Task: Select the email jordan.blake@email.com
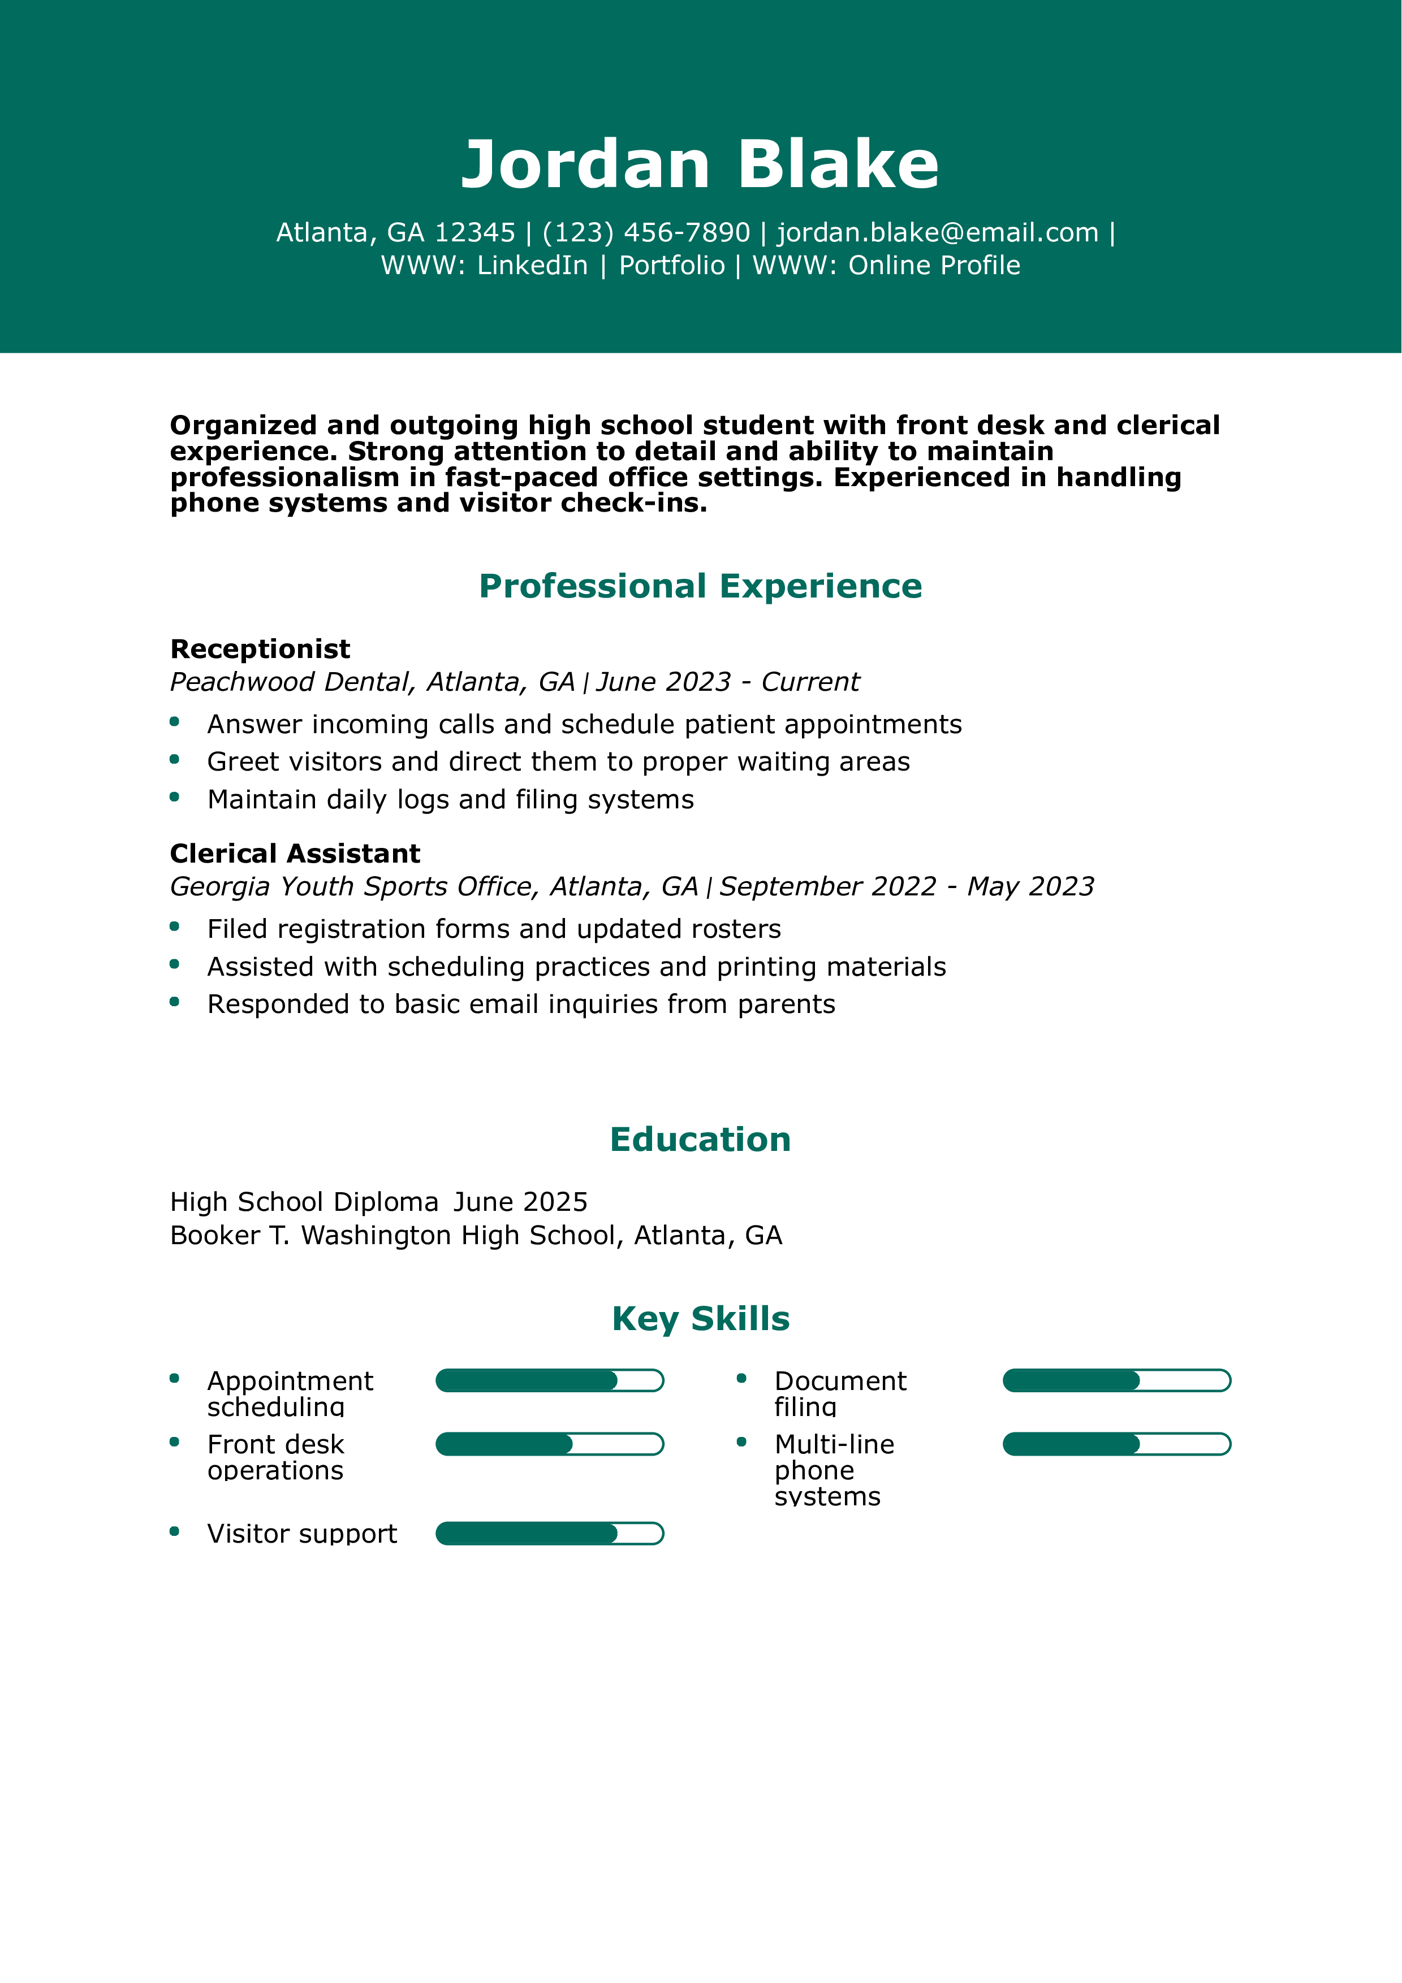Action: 937,232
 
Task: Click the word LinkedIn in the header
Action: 532,265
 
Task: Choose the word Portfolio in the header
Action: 672,265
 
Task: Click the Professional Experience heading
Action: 701,586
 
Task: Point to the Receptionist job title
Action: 260,648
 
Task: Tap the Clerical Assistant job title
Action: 295,854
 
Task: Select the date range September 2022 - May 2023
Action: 906,887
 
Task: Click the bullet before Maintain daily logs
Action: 175,797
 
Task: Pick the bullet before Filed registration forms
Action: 175,926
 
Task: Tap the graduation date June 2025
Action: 520,1202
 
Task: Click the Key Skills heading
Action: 701,1319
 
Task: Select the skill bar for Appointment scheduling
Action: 549,1381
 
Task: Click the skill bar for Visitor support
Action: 549,1534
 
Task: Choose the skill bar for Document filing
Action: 1116,1381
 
